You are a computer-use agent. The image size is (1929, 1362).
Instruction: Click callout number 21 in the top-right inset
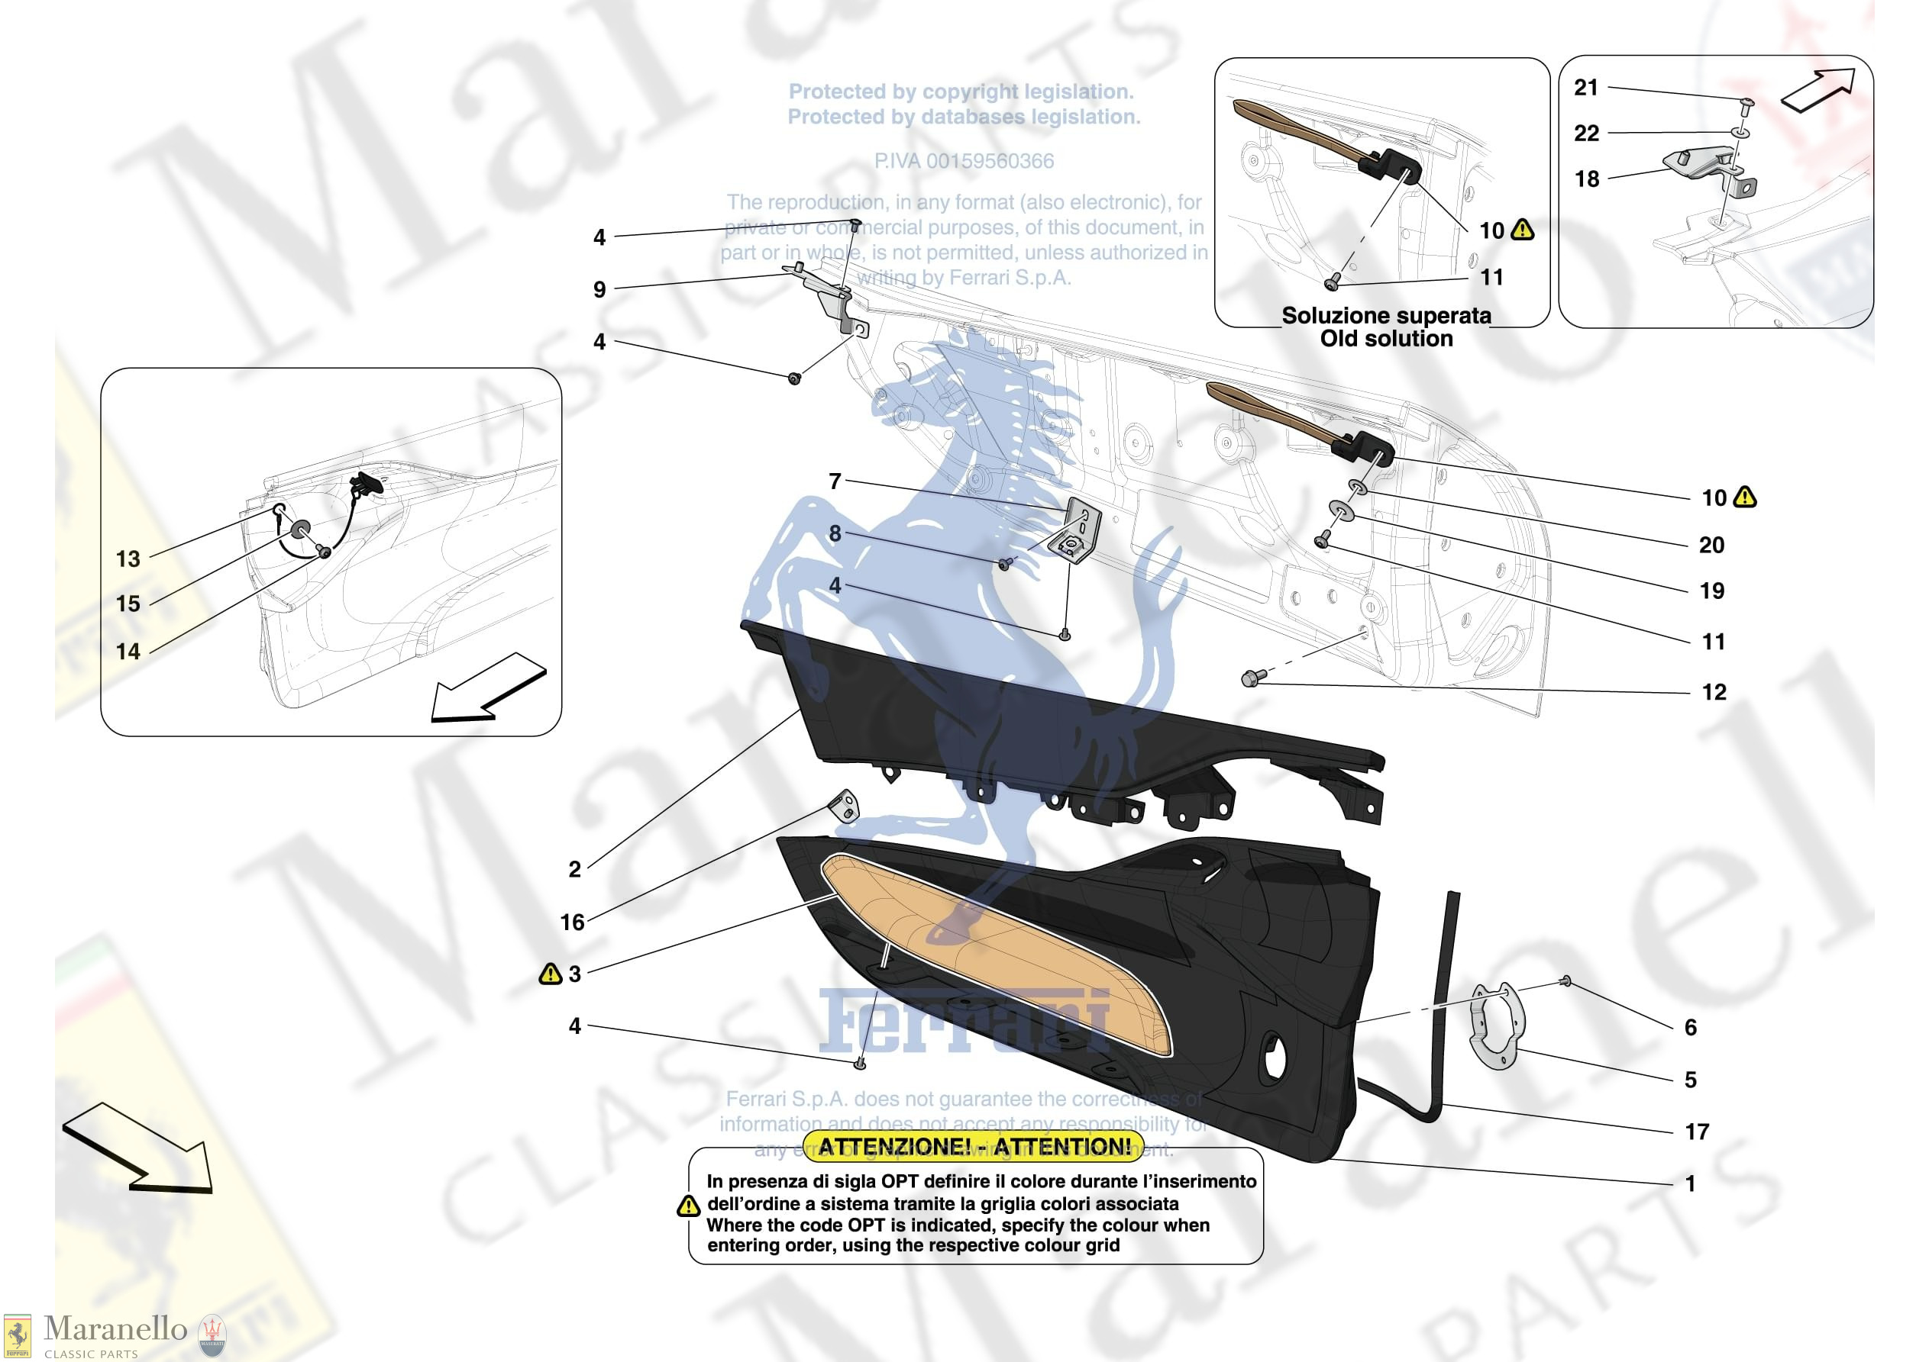coord(1585,87)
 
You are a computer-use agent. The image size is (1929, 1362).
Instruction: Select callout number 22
coord(1585,133)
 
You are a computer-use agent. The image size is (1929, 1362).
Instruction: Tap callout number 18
coord(1586,179)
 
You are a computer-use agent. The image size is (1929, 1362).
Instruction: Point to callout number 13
coord(128,559)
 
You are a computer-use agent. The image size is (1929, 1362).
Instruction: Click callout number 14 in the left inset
coord(128,651)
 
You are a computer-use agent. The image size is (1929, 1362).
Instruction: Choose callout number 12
coord(1713,692)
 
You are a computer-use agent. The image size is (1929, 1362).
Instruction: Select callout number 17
coord(1696,1132)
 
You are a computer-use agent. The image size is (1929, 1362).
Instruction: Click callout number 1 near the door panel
coord(1691,1183)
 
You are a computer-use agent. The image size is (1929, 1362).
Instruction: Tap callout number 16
coord(572,922)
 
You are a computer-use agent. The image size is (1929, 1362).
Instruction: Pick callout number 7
coord(834,481)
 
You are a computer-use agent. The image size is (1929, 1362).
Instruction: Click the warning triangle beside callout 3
coord(550,974)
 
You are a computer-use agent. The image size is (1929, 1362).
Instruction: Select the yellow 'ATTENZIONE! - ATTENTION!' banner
coord(974,1146)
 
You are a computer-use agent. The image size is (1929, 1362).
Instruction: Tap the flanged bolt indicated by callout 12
coord(1250,678)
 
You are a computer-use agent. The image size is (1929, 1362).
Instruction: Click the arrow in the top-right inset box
coord(1818,91)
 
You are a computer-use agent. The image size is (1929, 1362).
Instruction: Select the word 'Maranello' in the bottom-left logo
coord(115,1328)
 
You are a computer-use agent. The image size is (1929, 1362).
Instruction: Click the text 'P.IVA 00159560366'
coord(964,161)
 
